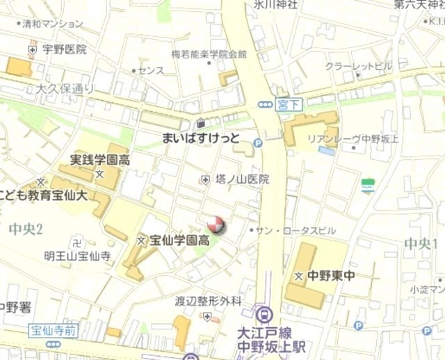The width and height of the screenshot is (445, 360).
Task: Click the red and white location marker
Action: pos(216,224)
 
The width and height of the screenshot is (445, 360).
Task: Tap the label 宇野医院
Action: pos(64,49)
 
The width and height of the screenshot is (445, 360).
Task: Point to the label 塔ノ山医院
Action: pos(242,179)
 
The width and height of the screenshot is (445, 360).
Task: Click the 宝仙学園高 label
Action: pos(179,240)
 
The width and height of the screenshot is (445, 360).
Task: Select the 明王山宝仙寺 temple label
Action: pos(77,256)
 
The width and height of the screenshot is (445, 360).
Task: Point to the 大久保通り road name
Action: pos(64,89)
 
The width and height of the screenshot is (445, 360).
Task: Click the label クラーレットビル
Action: pos(359,67)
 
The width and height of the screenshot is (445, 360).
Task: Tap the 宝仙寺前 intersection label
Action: pos(51,329)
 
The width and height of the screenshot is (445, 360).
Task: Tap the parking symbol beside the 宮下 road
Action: pos(258,142)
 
